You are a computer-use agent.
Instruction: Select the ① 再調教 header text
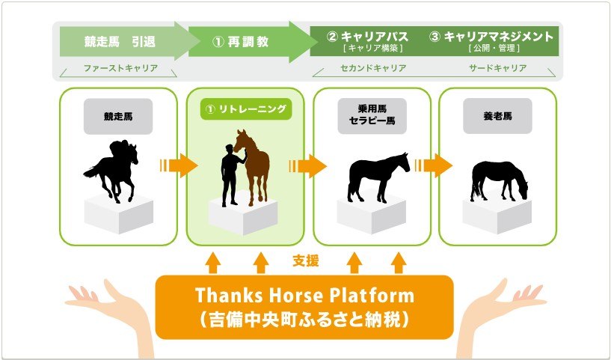240,41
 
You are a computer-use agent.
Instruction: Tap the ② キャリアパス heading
368,37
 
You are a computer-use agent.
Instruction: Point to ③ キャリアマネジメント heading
491,37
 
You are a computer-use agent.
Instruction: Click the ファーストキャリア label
121,68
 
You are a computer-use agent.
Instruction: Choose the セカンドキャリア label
373,68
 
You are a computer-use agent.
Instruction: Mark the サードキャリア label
498,68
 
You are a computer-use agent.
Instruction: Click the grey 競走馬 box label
118,116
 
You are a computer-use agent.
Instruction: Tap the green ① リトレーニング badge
246,109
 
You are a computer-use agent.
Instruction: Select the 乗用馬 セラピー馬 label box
372,116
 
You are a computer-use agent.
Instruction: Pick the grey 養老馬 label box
497,116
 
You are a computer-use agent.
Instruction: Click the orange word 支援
305,261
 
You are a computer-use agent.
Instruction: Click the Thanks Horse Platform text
304,295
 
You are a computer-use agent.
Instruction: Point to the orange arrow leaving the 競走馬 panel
179,165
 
